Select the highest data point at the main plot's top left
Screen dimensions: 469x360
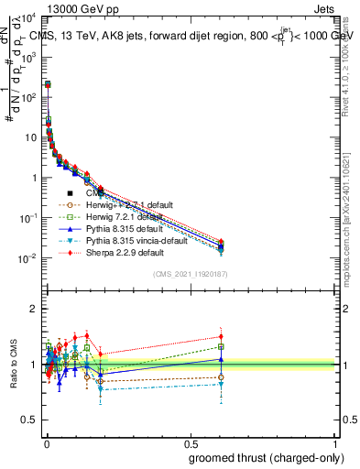point(48,83)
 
